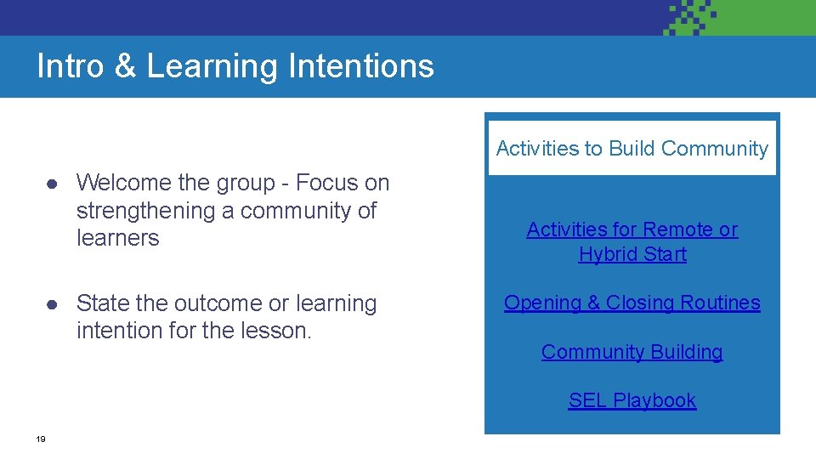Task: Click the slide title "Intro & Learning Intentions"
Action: pyautogui.click(x=235, y=66)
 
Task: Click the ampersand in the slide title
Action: pyautogui.click(x=125, y=66)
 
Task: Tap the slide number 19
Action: pyautogui.click(x=41, y=439)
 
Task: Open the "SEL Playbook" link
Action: pyautogui.click(x=632, y=400)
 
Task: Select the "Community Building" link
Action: pyautogui.click(x=632, y=352)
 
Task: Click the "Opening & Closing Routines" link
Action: pyautogui.click(x=632, y=303)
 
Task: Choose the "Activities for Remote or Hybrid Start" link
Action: pyautogui.click(x=632, y=241)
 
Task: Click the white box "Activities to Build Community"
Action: pyautogui.click(x=632, y=148)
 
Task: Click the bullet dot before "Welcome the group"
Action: pyautogui.click(x=52, y=184)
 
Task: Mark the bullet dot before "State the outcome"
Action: pyautogui.click(x=52, y=304)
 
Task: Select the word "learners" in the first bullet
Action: pyautogui.click(x=117, y=238)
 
